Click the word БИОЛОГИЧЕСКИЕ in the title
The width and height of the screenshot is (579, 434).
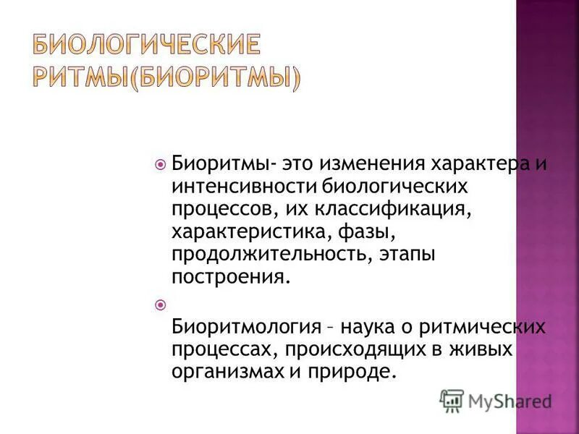[145, 46]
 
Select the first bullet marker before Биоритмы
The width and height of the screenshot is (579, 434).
[161, 164]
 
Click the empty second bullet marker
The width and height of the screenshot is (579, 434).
[161, 304]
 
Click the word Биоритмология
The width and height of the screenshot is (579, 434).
[245, 326]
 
